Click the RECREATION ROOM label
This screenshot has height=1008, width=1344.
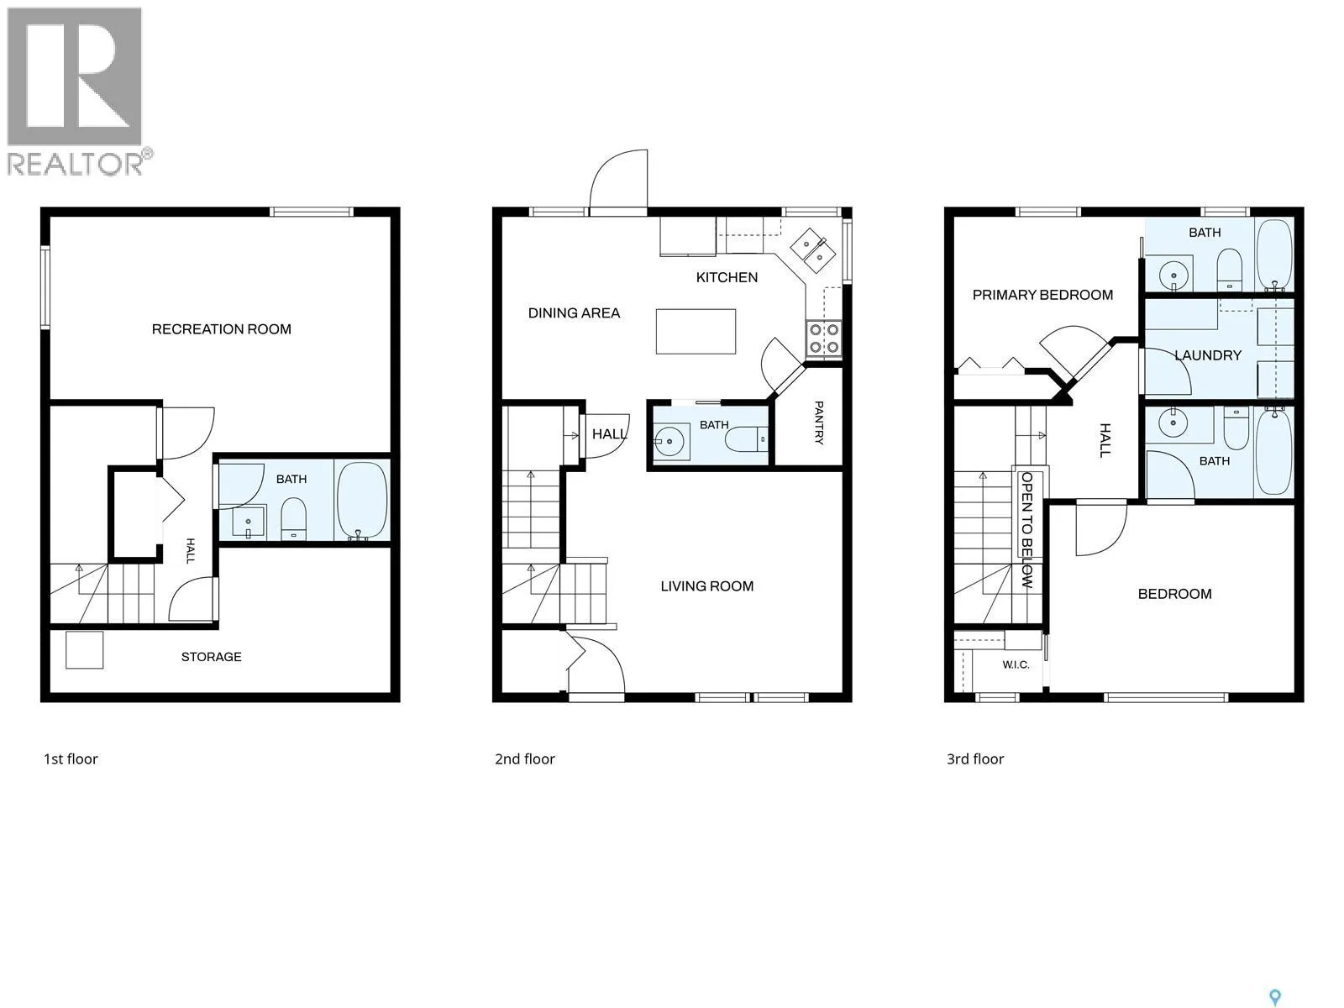(222, 329)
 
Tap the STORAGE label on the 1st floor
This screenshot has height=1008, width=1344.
(211, 657)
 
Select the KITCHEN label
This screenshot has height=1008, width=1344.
(727, 277)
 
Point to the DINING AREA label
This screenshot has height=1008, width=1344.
(575, 312)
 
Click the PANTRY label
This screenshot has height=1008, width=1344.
(819, 423)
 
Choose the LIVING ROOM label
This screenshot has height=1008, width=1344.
(707, 586)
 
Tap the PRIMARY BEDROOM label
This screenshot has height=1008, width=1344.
(1042, 295)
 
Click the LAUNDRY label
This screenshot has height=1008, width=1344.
(1208, 355)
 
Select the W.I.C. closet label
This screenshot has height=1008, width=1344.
(1016, 664)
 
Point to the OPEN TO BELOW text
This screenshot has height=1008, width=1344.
(1026, 530)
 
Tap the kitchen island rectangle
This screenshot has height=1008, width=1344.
(696, 331)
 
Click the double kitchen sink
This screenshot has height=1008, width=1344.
(812, 251)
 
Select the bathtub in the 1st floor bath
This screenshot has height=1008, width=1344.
(363, 501)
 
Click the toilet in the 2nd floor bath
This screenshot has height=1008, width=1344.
(746, 438)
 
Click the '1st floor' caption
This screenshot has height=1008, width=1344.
(71, 759)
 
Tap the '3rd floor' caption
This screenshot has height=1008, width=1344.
(975, 759)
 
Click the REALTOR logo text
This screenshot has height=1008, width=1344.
(76, 164)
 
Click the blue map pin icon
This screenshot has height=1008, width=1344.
(1275, 980)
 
